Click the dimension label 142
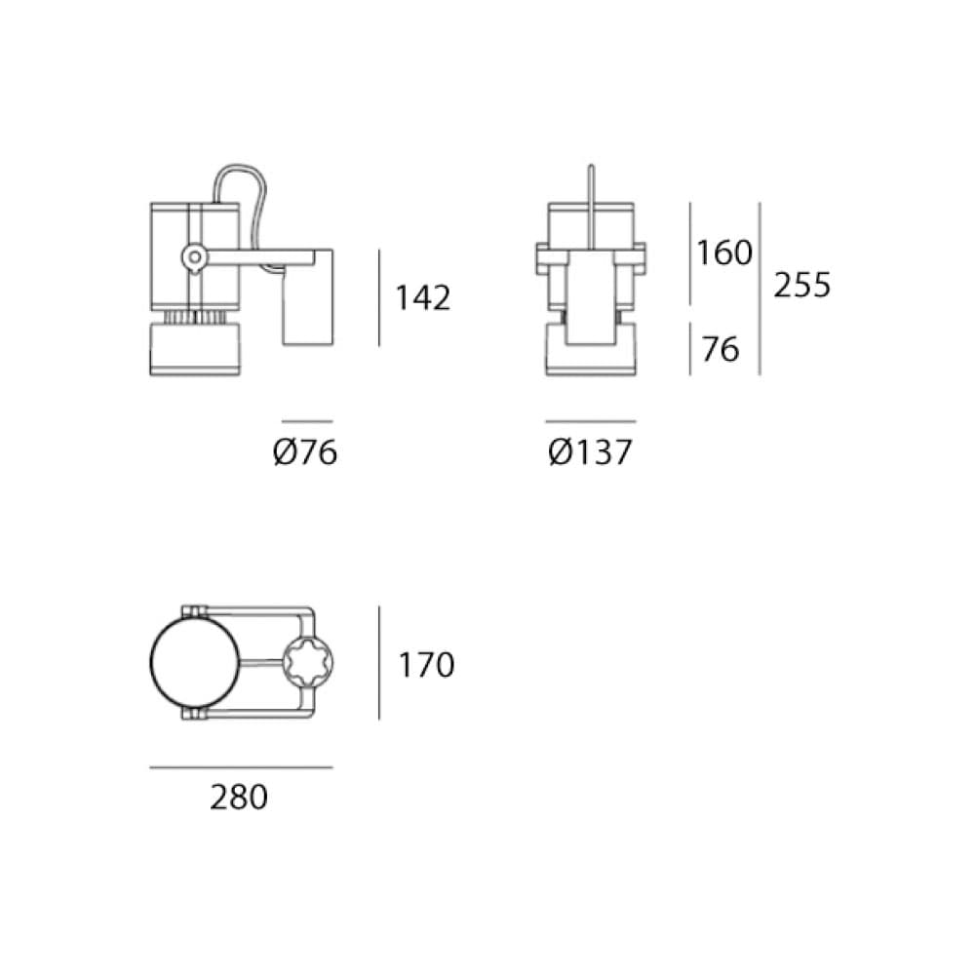pos(423,297)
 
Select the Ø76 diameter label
pos(305,452)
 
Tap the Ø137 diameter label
pos(590,452)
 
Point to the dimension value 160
pos(724,253)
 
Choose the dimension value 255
pos(802,286)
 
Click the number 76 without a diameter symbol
pos(721,348)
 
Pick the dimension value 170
pos(427,665)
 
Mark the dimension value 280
pos(239,798)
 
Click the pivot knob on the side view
pos(195,256)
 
